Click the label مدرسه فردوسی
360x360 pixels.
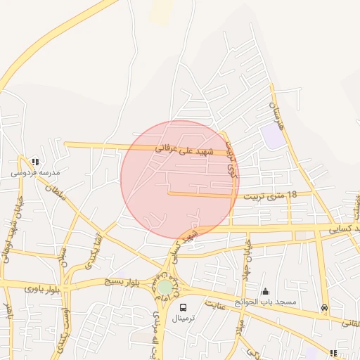pyautogui.click(x=35, y=172)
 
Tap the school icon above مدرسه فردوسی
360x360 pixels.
pyautogui.click(x=35, y=162)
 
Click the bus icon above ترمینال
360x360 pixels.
pyautogui.click(x=184, y=308)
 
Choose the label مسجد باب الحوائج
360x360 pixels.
pyautogui.click(x=266, y=302)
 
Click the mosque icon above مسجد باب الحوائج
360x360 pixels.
pyautogui.click(x=265, y=291)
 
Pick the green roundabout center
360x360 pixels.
pyautogui.click(x=165, y=287)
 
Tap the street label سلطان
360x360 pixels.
pyautogui.click(x=55, y=192)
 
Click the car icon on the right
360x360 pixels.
pyautogui.click(x=324, y=307)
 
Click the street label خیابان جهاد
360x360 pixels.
pyautogui.click(x=247, y=264)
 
